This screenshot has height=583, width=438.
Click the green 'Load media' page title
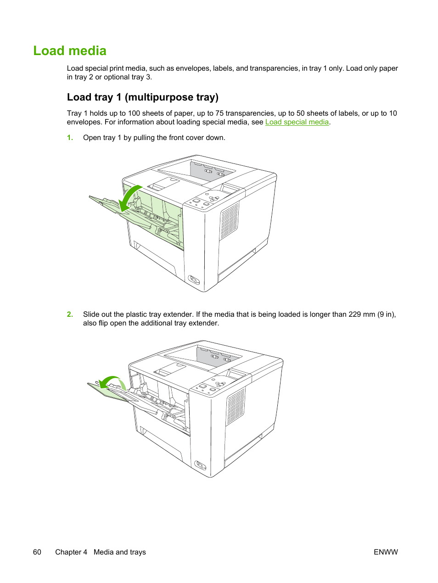(x=70, y=51)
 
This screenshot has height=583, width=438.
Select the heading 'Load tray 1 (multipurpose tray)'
(x=143, y=97)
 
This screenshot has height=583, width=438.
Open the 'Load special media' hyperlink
(x=297, y=122)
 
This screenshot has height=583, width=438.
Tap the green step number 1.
(x=70, y=138)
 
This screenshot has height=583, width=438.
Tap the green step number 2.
(x=70, y=314)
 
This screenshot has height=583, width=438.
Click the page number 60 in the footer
(x=37, y=552)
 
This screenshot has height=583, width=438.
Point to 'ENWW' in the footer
(x=386, y=552)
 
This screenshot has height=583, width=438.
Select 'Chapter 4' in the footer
(x=71, y=552)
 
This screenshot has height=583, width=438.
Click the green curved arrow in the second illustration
(x=111, y=382)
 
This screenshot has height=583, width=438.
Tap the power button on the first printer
(x=194, y=279)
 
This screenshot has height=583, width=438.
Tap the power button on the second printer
(x=200, y=465)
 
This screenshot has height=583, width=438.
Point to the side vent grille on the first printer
(x=229, y=221)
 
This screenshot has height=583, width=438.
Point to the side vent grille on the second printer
(x=236, y=406)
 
